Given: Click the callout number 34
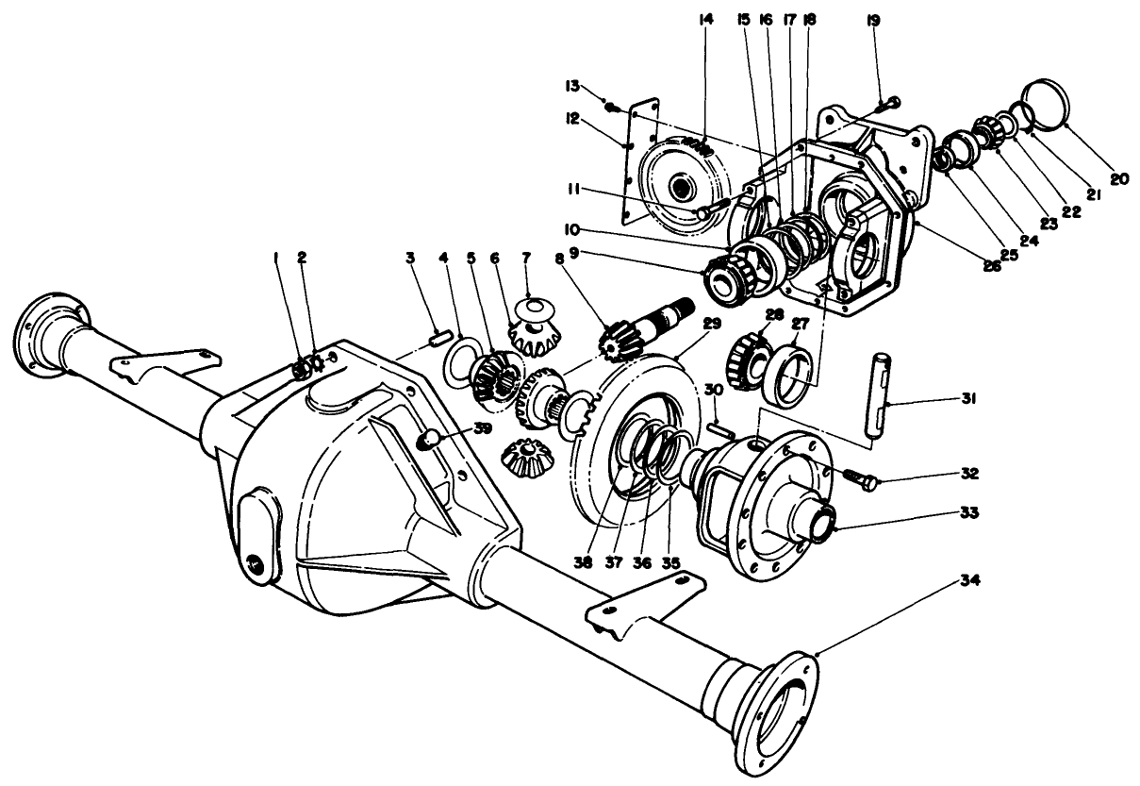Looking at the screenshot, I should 969,581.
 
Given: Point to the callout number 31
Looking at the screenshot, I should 968,400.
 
